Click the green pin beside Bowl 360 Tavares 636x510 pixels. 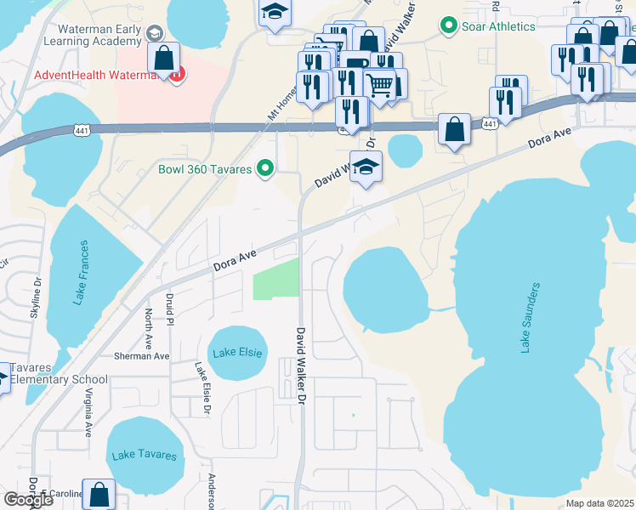pyautogui.click(x=265, y=169)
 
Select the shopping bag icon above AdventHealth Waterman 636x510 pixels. pyautogui.click(x=163, y=58)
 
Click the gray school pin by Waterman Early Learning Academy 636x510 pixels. pyautogui.click(x=154, y=33)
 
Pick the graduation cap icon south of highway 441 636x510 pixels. pyautogui.click(x=366, y=167)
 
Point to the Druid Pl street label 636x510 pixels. pyautogui.click(x=170, y=310)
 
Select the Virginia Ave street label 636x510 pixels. pyautogui.click(x=88, y=412)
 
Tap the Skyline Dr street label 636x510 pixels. pyautogui.click(x=36, y=297)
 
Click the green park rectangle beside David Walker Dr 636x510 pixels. pyautogui.click(x=276, y=279)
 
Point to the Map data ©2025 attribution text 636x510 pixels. pyautogui.click(x=599, y=503)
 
